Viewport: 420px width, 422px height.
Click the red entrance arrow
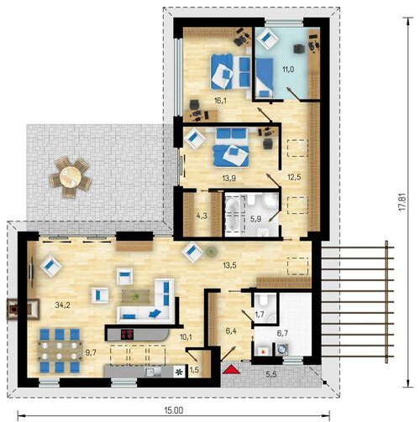pyautogui.click(x=231, y=369)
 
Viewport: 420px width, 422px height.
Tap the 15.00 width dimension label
pyautogui.click(x=174, y=410)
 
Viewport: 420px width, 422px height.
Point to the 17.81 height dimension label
pyautogui.click(x=402, y=201)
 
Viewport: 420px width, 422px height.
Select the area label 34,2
pyautogui.click(x=62, y=305)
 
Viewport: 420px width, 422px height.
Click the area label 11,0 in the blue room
pyautogui.click(x=288, y=69)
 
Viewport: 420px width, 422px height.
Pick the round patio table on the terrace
pyautogui.click(x=71, y=177)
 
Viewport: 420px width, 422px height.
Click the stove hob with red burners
pyautogui.click(x=127, y=334)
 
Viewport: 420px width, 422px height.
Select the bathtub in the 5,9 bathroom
pyautogui.click(x=233, y=214)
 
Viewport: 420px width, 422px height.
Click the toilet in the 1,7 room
pyautogui.click(x=264, y=300)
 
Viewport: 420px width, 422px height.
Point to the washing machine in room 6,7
pyautogui.click(x=281, y=349)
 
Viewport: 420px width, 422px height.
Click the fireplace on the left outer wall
pyautogui.click(x=23, y=309)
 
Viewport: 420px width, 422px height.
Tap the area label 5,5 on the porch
pyautogui.click(x=271, y=374)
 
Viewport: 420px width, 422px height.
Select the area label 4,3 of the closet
pyautogui.click(x=202, y=216)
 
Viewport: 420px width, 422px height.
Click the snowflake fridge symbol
pyautogui.click(x=179, y=372)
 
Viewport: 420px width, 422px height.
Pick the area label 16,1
pyautogui.click(x=220, y=101)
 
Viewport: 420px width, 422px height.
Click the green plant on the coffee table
pyautogui.click(x=136, y=296)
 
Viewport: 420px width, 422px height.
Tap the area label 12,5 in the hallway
pyautogui.click(x=294, y=177)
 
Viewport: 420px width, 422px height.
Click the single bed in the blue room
pyautogui.click(x=265, y=77)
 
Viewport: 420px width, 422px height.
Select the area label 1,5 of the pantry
pyautogui.click(x=194, y=370)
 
